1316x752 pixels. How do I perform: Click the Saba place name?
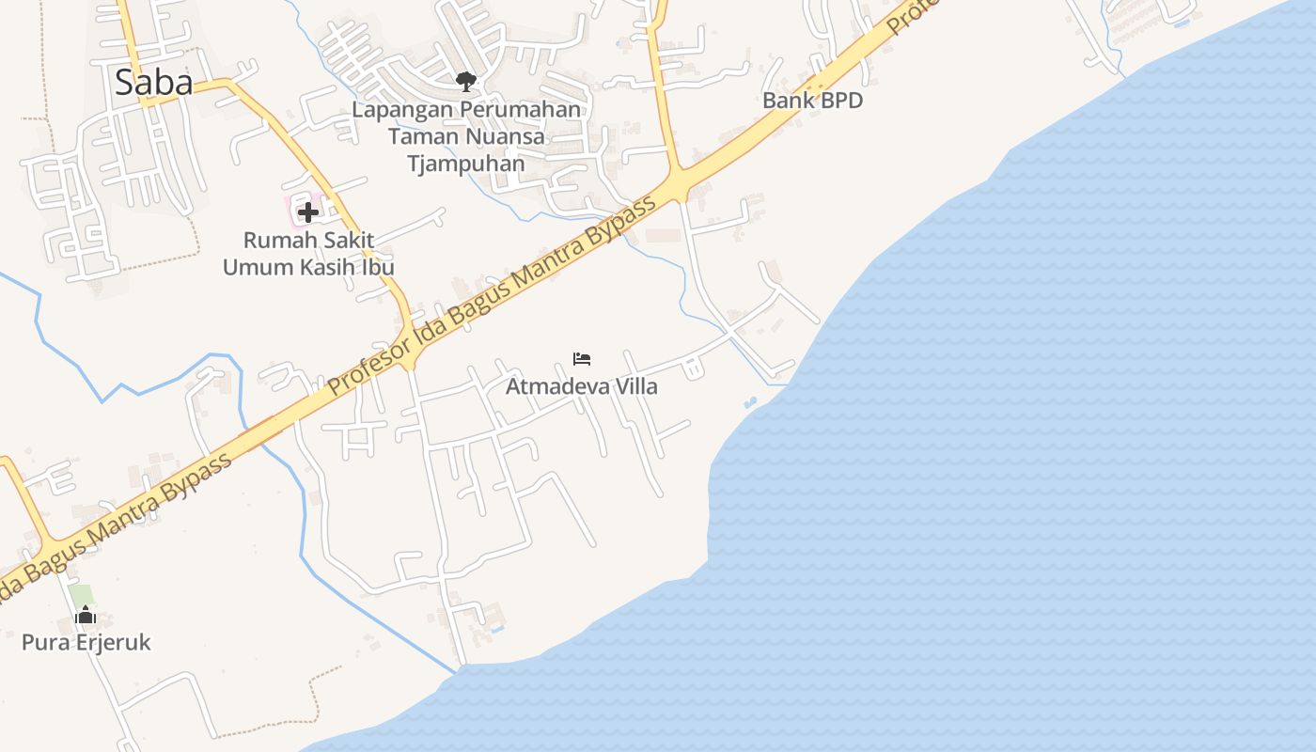point(154,83)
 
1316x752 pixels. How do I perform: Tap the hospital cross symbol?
point(307,211)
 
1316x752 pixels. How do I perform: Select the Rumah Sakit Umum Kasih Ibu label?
point(308,254)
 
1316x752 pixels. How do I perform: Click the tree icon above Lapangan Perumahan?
point(465,82)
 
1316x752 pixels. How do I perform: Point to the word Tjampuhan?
point(466,164)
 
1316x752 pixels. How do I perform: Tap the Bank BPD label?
point(812,101)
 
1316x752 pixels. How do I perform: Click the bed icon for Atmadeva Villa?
point(582,359)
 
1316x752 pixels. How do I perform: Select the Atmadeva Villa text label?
point(582,386)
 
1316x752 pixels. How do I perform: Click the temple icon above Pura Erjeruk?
point(86,616)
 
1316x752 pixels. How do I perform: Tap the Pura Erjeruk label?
point(86,643)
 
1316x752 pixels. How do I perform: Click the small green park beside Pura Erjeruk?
point(82,595)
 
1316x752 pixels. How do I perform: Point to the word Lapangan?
point(402,110)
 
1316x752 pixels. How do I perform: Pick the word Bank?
point(786,101)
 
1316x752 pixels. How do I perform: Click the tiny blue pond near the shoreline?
point(750,402)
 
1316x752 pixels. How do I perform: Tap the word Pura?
point(42,643)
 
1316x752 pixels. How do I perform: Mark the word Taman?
point(423,137)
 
